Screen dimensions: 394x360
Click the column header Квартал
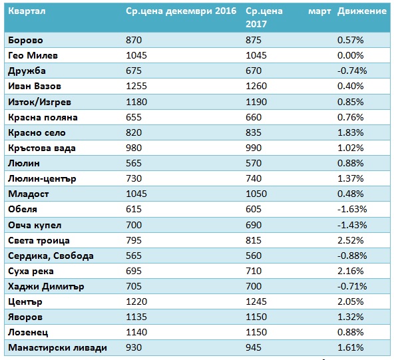click(x=27, y=11)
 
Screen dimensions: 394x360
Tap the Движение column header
click(x=362, y=11)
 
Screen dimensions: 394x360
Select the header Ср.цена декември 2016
click(x=181, y=11)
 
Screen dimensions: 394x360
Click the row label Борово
click(x=25, y=40)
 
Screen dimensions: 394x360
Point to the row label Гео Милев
click(x=33, y=55)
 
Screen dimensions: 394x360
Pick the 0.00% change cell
click(x=350, y=55)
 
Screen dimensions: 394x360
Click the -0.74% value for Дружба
click(x=352, y=71)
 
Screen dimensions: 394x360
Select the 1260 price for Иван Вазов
click(x=256, y=86)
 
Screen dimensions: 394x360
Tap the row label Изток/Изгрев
click(x=39, y=102)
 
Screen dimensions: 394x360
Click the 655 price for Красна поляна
click(x=134, y=117)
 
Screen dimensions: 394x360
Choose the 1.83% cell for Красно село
click(x=350, y=132)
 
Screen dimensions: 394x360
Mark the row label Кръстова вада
click(x=42, y=148)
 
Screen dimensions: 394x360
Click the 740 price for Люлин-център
click(x=254, y=178)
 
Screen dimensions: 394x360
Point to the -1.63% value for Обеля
click(x=352, y=209)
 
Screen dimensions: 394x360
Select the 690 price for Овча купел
click(x=254, y=225)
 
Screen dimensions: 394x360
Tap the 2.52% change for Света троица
click(x=350, y=240)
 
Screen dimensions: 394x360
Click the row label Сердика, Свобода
click(x=51, y=256)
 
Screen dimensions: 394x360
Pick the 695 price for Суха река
click(x=134, y=271)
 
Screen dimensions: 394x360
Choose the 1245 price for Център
click(x=256, y=301)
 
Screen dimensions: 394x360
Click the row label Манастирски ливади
click(x=57, y=348)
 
